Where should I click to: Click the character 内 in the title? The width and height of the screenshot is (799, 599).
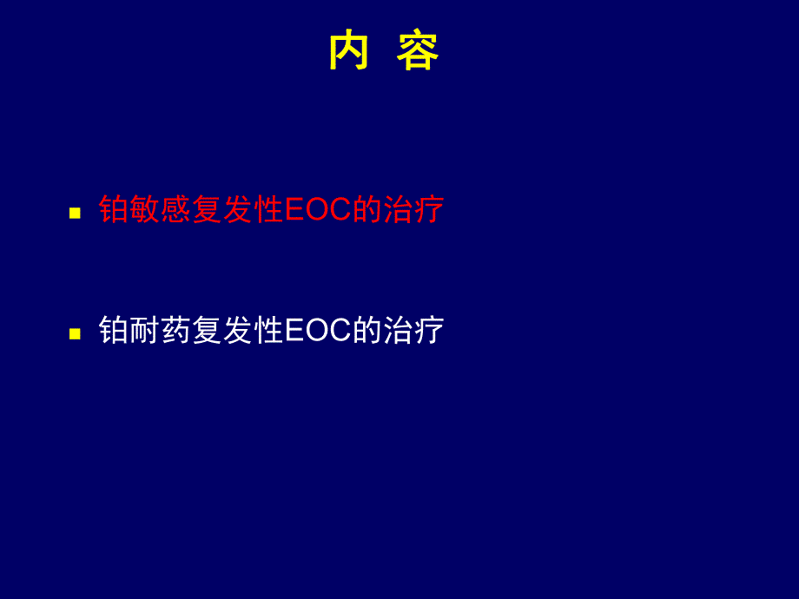[x=349, y=51]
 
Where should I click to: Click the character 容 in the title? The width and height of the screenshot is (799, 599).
[x=419, y=51]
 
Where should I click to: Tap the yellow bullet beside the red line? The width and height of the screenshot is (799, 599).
[x=75, y=213]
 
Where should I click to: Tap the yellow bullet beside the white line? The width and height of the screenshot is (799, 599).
[x=75, y=333]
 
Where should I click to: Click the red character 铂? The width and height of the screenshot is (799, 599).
[x=114, y=210]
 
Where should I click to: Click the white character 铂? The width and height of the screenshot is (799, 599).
[x=114, y=331]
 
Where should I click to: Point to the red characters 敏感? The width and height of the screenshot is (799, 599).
[x=161, y=210]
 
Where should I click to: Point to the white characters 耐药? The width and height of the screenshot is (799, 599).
[x=161, y=331]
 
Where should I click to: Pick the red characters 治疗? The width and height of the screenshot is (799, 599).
[x=413, y=210]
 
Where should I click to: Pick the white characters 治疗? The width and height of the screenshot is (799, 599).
[x=413, y=331]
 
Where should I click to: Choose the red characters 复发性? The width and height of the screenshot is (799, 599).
[x=238, y=210]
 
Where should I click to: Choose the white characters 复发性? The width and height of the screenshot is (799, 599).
[x=238, y=331]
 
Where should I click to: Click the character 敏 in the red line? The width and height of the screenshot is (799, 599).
[x=145, y=210]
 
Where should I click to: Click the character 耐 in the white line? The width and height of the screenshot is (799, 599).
[x=145, y=331]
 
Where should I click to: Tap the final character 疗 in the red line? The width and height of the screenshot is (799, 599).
[x=429, y=210]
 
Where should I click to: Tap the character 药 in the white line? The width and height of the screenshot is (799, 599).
[x=176, y=331]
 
